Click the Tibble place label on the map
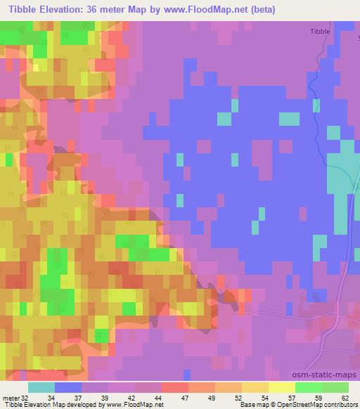pyautogui.click(x=319, y=32)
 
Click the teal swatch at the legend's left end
pyautogui.click(x=41, y=387)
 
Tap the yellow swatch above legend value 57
pyautogui.click(x=282, y=387)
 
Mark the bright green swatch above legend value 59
pyautogui.click(x=309, y=387)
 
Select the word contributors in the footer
pyautogui.click(x=341, y=405)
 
